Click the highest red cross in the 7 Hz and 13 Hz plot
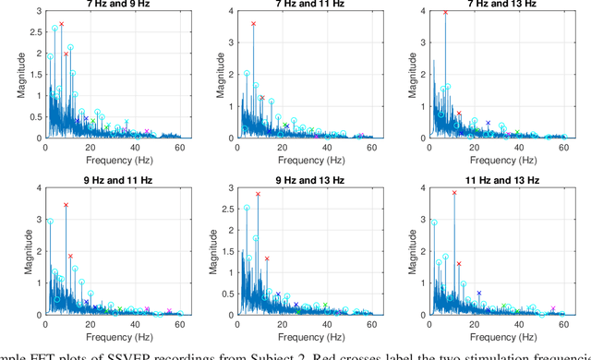click(445, 13)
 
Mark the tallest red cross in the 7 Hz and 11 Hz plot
click(253, 24)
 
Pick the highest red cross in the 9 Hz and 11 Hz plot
click(66, 205)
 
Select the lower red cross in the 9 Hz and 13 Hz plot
click(266, 258)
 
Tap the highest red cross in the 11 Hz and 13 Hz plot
click(454, 193)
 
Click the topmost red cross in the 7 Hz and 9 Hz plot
click(61, 24)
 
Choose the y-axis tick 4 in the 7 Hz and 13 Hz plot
click(420, 11)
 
